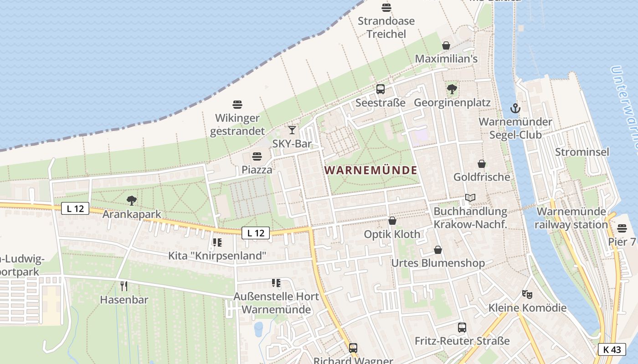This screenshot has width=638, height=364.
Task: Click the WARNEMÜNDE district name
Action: click(370, 170)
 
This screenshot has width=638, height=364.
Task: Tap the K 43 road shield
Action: click(612, 349)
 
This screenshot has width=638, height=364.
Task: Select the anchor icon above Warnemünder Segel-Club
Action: click(515, 108)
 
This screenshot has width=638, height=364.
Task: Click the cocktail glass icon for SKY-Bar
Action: click(292, 130)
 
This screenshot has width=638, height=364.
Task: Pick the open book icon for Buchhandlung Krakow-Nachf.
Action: click(470, 198)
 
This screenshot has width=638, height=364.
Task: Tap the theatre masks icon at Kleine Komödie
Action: click(527, 294)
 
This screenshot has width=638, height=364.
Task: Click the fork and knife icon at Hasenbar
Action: click(123, 286)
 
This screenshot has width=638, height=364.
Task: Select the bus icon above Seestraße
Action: click(381, 89)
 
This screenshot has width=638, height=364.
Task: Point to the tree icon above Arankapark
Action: click(132, 200)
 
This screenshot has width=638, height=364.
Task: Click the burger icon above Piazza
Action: click(257, 157)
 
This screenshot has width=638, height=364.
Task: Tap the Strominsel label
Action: click(582, 152)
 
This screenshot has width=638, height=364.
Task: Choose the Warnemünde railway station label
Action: click(571, 218)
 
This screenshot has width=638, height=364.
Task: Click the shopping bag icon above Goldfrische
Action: click(482, 164)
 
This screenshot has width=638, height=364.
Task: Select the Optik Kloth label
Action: click(392, 234)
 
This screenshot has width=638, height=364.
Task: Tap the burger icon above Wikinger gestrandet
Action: click(237, 105)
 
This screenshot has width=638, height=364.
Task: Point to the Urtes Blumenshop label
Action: click(438, 263)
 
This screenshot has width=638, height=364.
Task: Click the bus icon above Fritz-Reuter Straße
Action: click(462, 327)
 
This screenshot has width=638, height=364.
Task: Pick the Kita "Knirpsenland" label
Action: click(217, 255)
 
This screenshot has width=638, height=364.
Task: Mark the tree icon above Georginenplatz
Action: click(452, 89)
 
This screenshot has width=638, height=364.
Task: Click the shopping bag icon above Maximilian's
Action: click(446, 45)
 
